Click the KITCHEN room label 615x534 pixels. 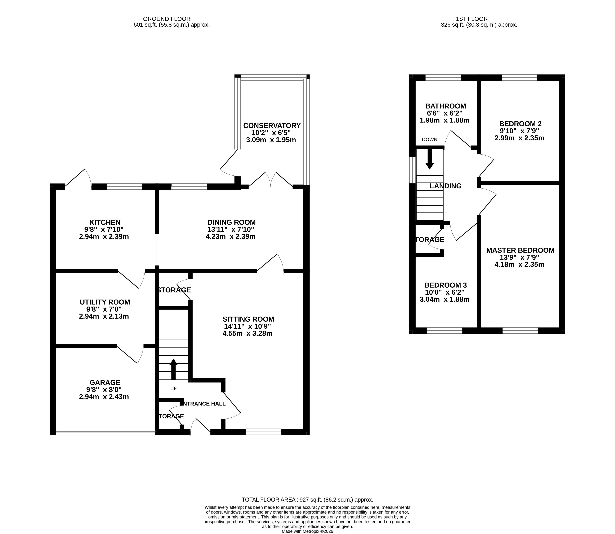click(x=105, y=222)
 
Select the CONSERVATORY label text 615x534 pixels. click(x=272, y=125)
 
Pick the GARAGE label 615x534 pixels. click(x=105, y=382)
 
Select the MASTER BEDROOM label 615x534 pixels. click(x=520, y=250)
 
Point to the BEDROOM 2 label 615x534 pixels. click(x=520, y=124)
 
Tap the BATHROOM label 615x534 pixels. click(x=445, y=106)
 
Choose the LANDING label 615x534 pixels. click(x=445, y=186)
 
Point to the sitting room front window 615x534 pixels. click(x=263, y=432)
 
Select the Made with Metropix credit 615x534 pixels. click(x=307, y=531)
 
